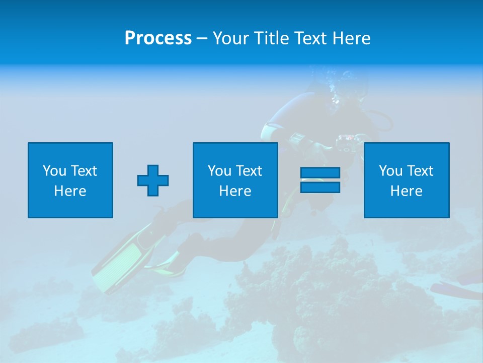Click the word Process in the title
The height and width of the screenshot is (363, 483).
click(x=158, y=38)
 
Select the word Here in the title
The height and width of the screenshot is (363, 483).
click(x=352, y=38)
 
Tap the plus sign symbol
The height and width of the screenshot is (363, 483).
click(x=153, y=180)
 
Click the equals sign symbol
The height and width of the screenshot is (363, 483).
click(x=320, y=180)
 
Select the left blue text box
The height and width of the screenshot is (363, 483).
click(x=70, y=180)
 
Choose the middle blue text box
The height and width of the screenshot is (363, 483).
click(x=235, y=180)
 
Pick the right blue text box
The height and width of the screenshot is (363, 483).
click(x=406, y=180)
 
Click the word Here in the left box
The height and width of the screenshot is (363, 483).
click(x=70, y=191)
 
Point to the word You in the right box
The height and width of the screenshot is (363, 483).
click(x=390, y=171)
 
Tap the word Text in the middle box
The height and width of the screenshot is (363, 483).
click(x=249, y=171)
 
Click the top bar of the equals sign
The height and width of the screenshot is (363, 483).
click(x=320, y=173)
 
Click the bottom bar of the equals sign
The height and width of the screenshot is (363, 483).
click(x=320, y=187)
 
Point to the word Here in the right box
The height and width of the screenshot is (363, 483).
click(x=406, y=191)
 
